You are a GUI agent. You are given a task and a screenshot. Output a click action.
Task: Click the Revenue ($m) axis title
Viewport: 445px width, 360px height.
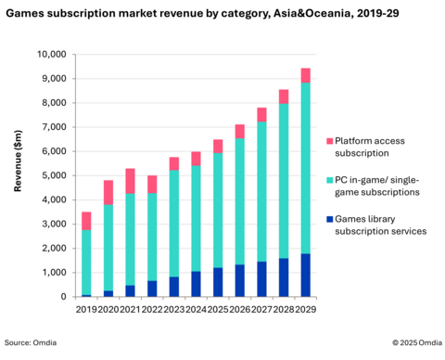[18, 175]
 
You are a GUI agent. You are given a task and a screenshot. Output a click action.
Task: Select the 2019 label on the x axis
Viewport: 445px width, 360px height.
[86, 309]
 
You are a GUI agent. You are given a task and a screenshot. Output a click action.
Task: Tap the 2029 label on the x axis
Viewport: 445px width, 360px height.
[305, 309]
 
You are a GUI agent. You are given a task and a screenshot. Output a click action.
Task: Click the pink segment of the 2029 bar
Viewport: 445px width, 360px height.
[305, 75]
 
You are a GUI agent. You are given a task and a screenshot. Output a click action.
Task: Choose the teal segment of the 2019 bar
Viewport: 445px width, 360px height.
[86, 263]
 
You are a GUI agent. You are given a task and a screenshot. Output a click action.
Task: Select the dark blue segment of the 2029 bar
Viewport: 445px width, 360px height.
[305, 275]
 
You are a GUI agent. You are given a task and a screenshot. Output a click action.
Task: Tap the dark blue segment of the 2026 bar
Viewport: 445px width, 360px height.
[239, 280]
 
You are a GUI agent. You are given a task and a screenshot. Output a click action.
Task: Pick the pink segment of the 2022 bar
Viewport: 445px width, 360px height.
[152, 184]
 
